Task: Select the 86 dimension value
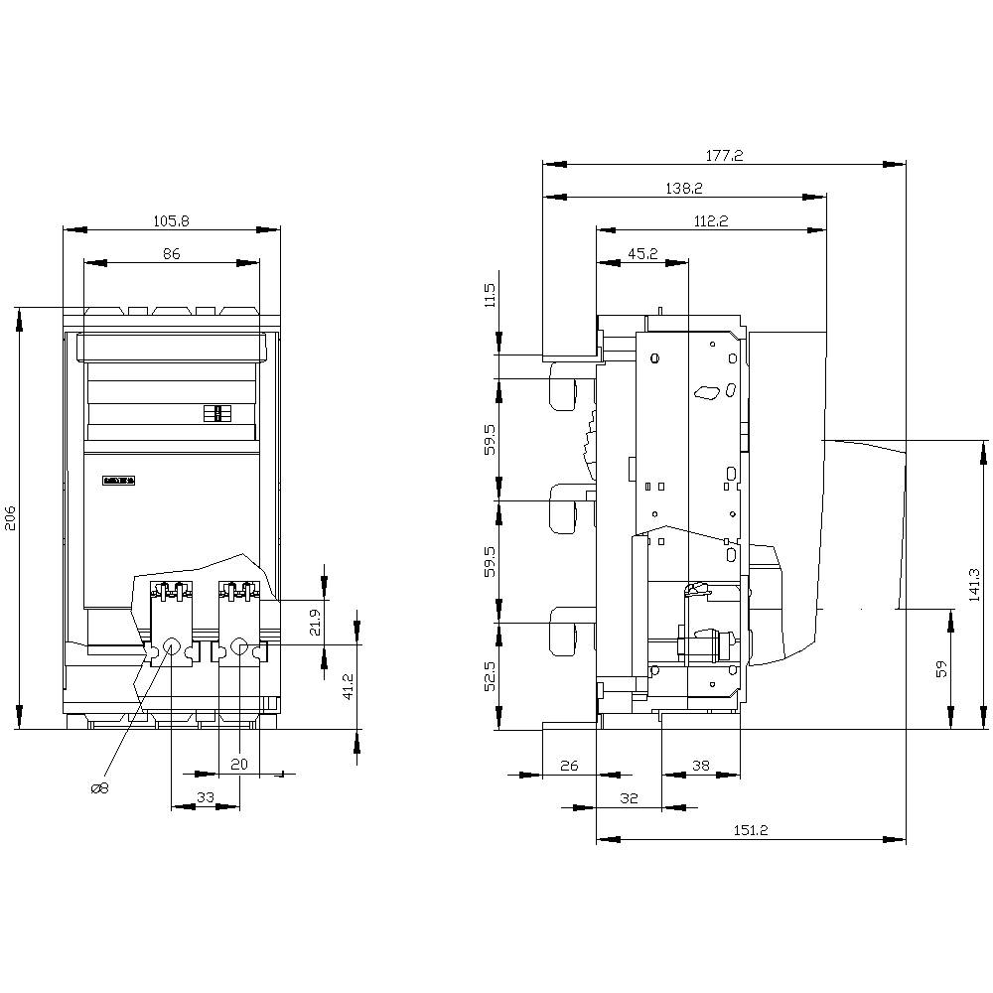tap(171, 254)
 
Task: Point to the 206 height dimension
tap(10, 517)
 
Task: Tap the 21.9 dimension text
tap(315, 622)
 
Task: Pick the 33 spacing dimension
tap(206, 796)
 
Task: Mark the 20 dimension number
tap(238, 764)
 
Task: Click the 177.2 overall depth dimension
tap(724, 156)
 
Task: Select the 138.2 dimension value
tap(684, 188)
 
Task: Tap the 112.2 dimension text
tap(711, 221)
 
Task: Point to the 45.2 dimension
tap(641, 254)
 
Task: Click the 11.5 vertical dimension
tap(490, 296)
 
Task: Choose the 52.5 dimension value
tap(490, 676)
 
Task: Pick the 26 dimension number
tap(569, 765)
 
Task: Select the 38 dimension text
tap(701, 765)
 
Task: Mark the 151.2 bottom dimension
tap(751, 830)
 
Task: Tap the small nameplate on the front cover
tap(118, 481)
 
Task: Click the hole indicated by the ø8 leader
tap(170, 648)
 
